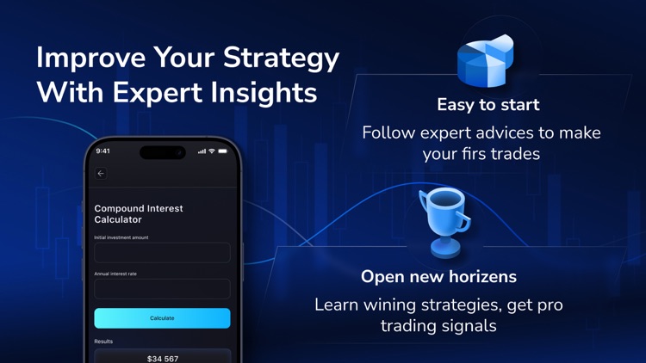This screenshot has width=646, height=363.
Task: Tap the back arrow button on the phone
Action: click(101, 174)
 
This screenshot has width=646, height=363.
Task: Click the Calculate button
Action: click(162, 318)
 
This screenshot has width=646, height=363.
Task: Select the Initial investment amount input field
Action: click(162, 252)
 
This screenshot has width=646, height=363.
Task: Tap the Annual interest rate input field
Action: click(162, 288)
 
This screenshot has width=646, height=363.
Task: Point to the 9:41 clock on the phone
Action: click(103, 151)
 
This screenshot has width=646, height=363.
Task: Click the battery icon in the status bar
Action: click(223, 151)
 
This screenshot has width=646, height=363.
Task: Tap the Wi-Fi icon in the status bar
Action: click(212, 151)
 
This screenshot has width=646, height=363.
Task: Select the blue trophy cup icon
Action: click(445, 222)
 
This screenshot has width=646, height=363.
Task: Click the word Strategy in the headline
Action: click(281, 58)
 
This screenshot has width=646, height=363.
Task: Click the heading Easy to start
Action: click(488, 105)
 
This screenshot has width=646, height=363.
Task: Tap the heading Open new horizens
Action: click(438, 276)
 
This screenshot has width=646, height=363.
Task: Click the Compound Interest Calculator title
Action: click(139, 214)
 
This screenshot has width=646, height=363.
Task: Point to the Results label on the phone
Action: click(103, 341)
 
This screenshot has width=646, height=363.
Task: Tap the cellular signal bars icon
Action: click(202, 151)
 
